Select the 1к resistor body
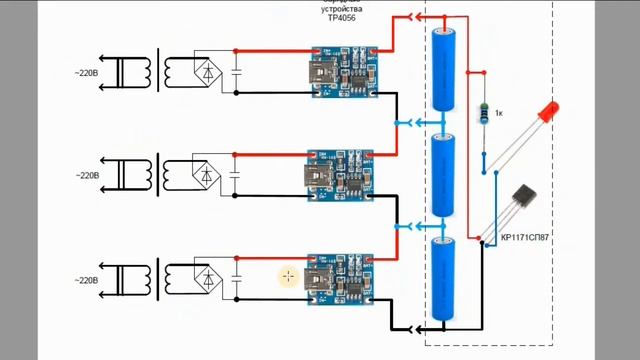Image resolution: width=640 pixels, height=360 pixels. click(x=484, y=114)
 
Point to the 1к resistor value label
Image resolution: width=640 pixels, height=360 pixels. click(x=498, y=113)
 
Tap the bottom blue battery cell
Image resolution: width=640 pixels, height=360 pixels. click(x=443, y=279)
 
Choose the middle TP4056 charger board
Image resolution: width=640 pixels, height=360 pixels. click(x=340, y=175)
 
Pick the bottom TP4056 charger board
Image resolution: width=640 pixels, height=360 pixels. click(x=340, y=277)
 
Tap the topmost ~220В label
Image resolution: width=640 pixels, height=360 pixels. click(x=86, y=72)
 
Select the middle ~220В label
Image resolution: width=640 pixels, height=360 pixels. click(x=86, y=175)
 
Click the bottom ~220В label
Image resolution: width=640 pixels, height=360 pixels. click(x=86, y=281)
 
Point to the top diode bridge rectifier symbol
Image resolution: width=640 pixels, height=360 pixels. click(x=207, y=71)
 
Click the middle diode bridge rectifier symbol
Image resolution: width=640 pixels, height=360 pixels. click(x=207, y=175)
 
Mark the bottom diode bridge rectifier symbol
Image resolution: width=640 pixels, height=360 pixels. click(x=207, y=277)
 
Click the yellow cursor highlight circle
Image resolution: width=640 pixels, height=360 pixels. click(x=288, y=276)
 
